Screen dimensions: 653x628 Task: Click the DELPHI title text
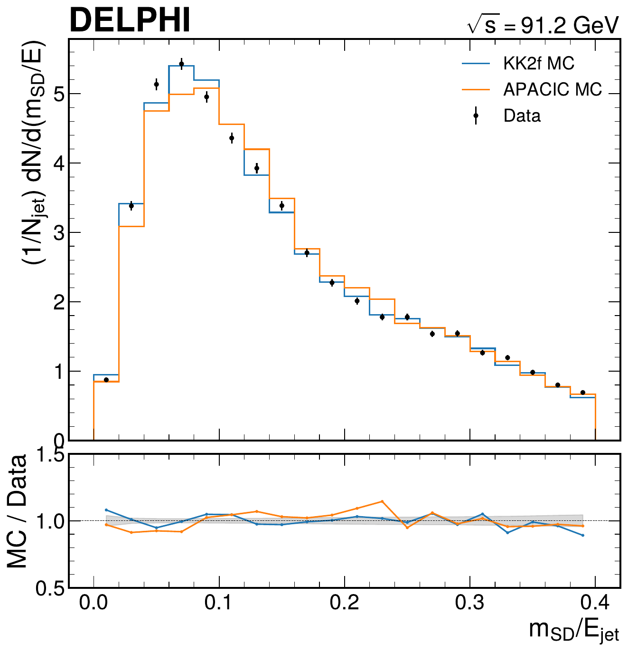click(x=130, y=20)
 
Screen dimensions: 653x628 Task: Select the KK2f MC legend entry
click(x=538, y=63)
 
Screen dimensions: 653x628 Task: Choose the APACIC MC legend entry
click(x=552, y=89)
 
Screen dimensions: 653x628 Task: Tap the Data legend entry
click(x=522, y=115)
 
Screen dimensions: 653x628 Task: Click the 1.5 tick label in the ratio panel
click(x=50, y=455)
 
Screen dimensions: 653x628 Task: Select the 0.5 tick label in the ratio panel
click(x=50, y=588)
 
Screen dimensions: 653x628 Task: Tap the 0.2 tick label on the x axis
click(x=345, y=603)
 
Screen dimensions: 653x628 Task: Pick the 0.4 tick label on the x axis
click(x=595, y=603)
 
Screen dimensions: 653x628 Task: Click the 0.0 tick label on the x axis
click(x=94, y=603)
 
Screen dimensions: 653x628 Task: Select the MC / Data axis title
click(x=18, y=511)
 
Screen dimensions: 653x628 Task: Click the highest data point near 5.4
click(x=181, y=64)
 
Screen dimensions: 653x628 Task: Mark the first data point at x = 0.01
click(x=106, y=380)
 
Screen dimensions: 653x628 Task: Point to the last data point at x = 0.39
click(x=583, y=393)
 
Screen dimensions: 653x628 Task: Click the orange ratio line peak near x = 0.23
click(x=382, y=501)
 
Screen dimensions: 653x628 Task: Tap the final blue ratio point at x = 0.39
click(x=583, y=536)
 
